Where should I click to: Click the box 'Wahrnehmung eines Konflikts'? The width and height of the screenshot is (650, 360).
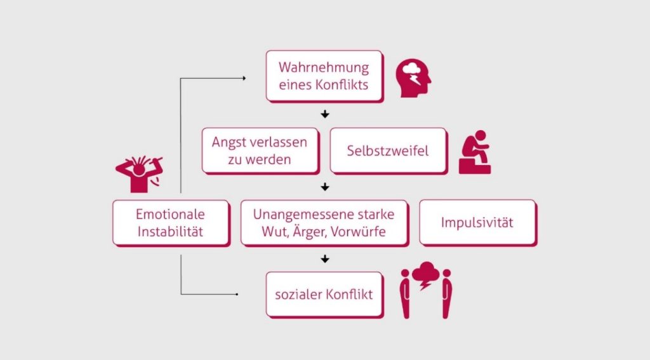click(x=324, y=76)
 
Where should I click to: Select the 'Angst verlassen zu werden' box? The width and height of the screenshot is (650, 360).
click(x=260, y=150)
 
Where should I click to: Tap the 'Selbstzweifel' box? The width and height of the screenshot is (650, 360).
click(x=387, y=150)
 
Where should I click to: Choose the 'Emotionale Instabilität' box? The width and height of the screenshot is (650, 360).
click(x=170, y=222)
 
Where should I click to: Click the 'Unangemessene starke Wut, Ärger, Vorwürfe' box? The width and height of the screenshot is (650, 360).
click(x=324, y=222)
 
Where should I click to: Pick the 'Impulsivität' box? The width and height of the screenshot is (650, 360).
click(x=477, y=222)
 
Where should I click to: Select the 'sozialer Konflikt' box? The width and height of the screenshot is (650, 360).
click(x=324, y=294)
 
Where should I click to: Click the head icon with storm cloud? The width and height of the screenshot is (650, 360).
click(x=413, y=79)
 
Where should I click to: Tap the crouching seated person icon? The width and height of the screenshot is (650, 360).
click(x=474, y=152)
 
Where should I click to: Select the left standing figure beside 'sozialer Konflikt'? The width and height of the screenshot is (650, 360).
click(x=404, y=293)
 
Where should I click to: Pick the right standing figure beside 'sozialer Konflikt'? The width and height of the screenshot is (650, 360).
click(x=447, y=293)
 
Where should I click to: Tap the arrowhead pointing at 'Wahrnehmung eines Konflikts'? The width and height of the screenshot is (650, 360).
click(x=244, y=78)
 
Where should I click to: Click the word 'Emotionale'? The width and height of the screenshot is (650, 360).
click(x=170, y=214)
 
